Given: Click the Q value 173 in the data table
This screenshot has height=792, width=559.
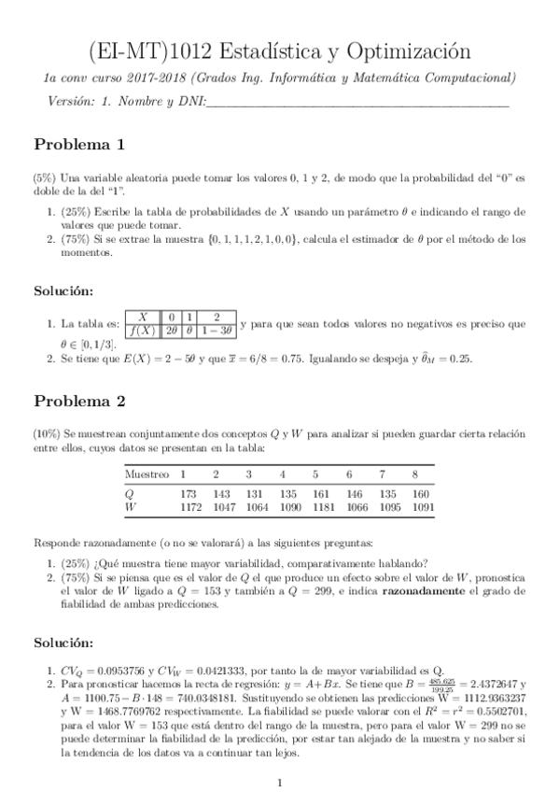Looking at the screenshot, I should tap(189, 492).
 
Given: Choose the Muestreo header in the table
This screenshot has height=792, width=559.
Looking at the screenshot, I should tap(147, 474).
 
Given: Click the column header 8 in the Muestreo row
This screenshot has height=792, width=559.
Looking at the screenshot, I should tap(415, 474).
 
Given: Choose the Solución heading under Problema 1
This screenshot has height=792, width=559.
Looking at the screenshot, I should tap(63, 291).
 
